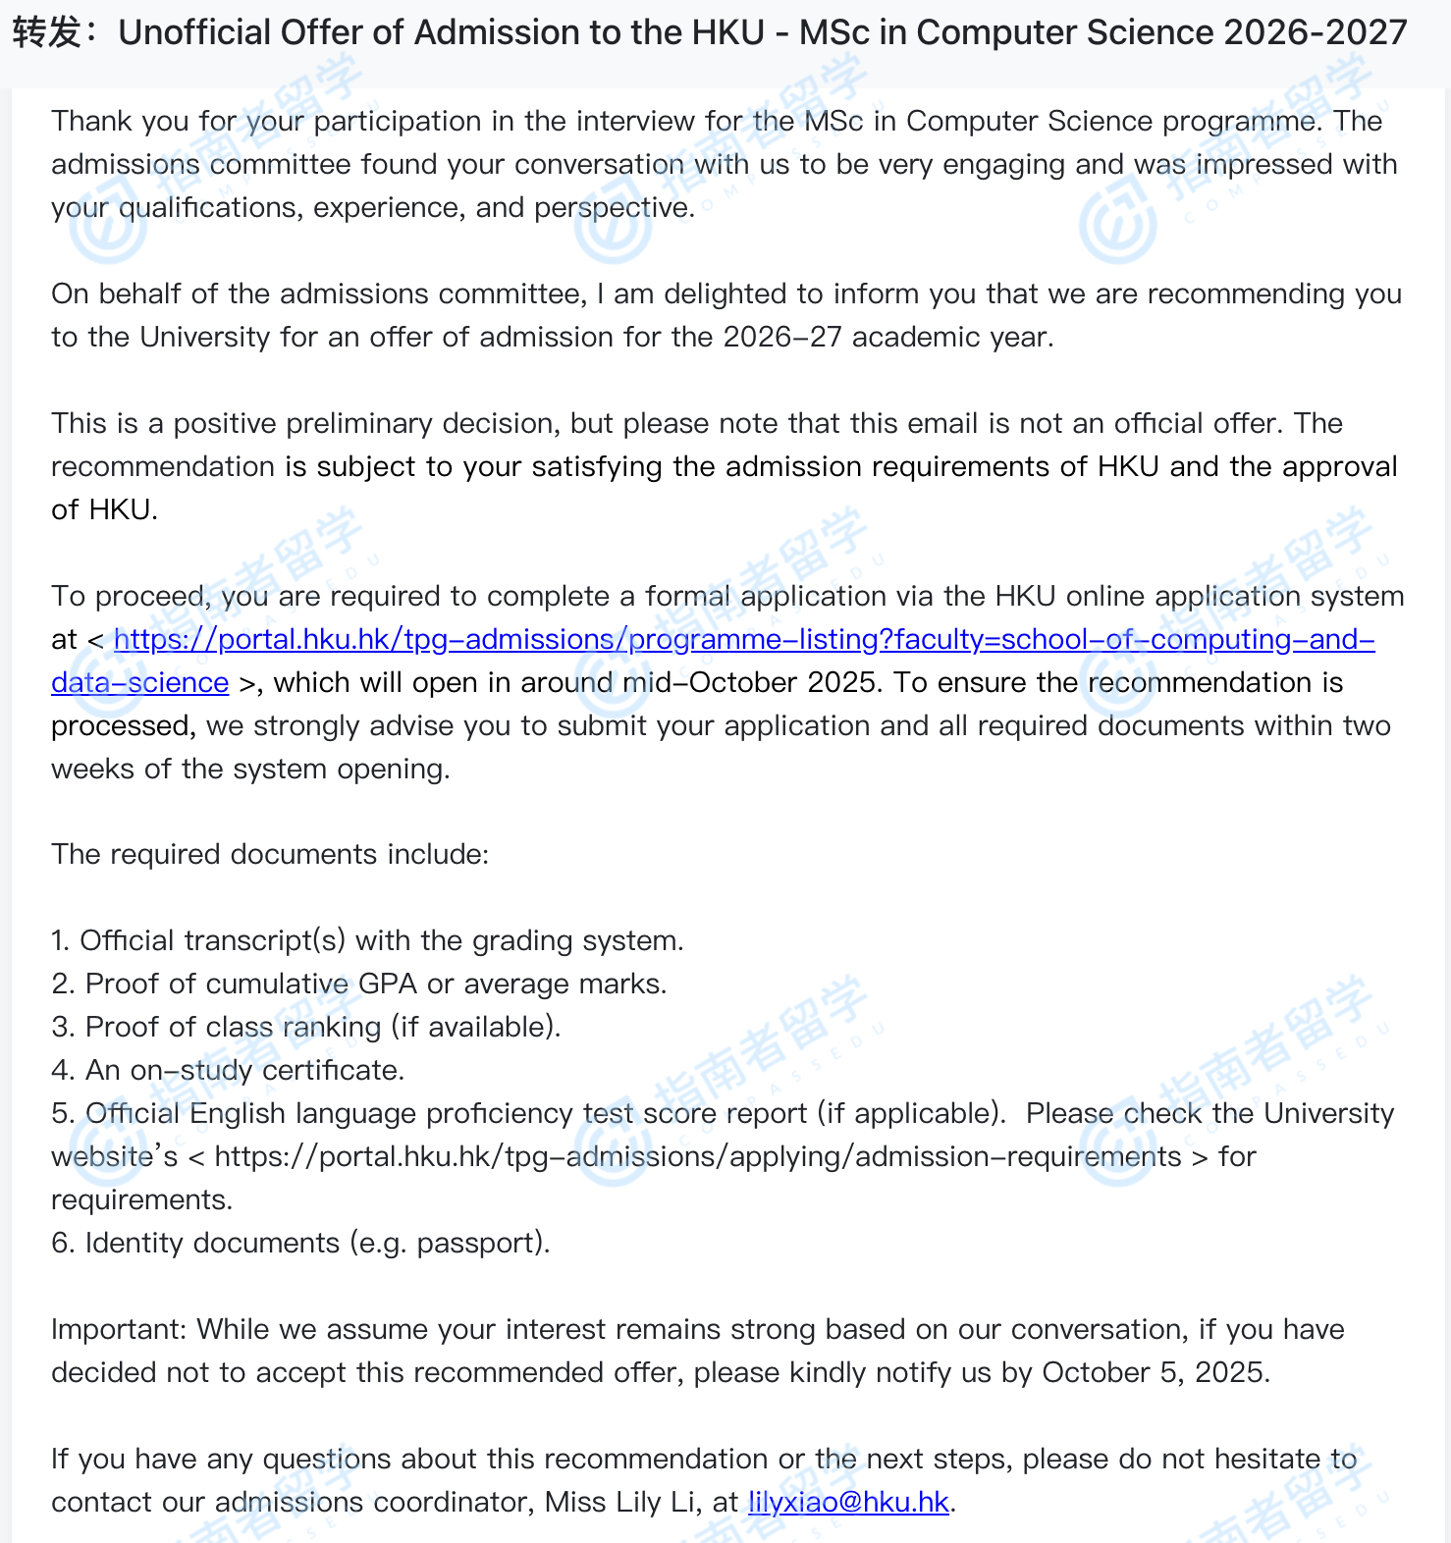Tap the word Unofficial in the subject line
tap(193, 33)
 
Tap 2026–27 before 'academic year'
tap(782, 337)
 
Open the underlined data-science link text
tap(139, 682)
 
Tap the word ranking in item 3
tap(332, 1027)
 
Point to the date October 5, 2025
tap(1155, 1372)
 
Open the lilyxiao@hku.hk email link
tap(848, 1502)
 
